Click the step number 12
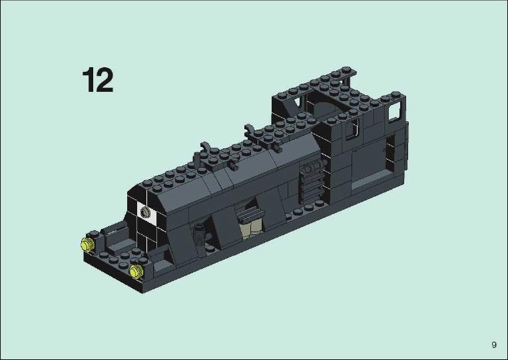pos(97,80)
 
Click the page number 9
pos(494,345)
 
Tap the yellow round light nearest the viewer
pos(136,271)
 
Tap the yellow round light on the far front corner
pos(87,244)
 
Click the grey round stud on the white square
pos(144,212)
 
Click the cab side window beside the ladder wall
pos(352,129)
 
